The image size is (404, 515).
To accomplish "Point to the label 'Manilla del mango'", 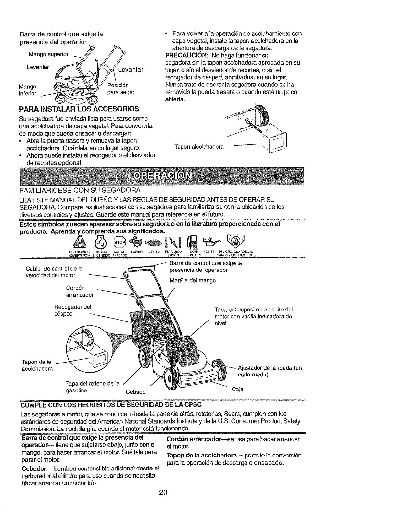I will tap(193, 280).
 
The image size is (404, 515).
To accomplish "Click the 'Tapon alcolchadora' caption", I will tap(199, 146).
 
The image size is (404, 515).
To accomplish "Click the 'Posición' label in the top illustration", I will tap(118, 85).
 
